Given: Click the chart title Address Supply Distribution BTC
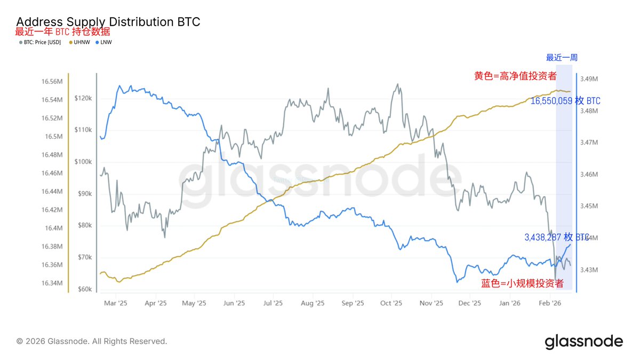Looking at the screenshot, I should coord(108,22).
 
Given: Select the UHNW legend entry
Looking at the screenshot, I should coord(81,42).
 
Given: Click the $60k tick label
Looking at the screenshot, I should coord(84,290).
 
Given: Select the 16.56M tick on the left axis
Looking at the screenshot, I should coord(52,82).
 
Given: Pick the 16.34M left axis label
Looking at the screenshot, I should coord(52,283).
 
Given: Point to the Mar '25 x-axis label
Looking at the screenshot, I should coord(115,303).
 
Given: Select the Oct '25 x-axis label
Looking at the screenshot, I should coord(391,303).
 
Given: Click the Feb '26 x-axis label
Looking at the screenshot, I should coord(549,303).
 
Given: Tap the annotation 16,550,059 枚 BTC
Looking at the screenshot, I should coord(565,101).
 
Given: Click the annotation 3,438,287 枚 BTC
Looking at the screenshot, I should coord(557,237).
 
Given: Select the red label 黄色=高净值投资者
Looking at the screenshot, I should coord(515,76).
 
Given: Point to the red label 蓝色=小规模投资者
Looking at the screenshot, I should coord(522,283).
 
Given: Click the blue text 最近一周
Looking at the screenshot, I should coord(561,58).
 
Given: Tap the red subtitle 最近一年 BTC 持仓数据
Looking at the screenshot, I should coord(62,31).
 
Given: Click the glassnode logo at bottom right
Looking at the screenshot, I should coord(583,341).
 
